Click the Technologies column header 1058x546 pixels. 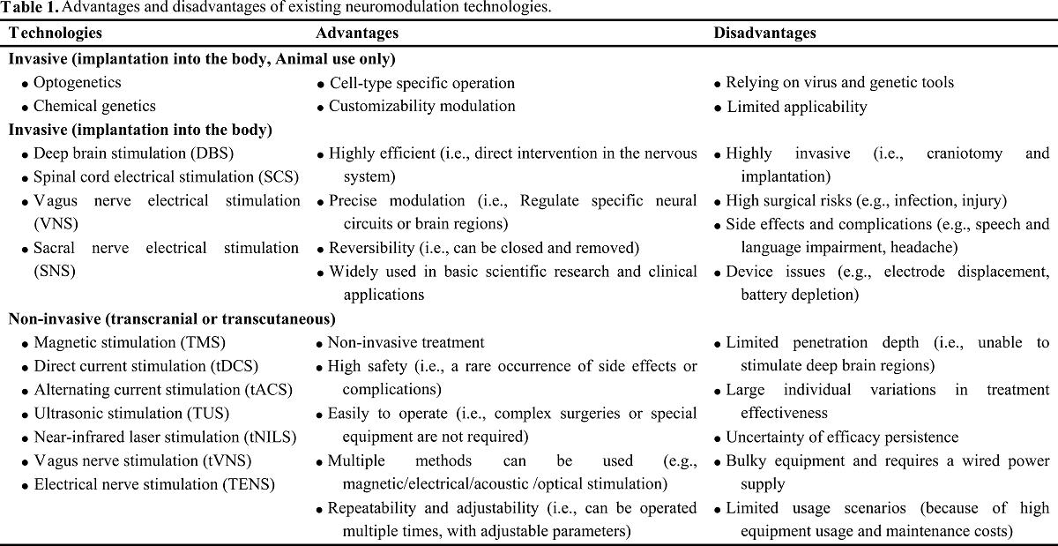56,34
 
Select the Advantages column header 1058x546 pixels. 357,34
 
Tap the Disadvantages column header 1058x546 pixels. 764,34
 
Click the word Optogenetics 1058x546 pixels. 78,83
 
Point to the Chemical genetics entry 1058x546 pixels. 94,107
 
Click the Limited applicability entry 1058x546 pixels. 796,107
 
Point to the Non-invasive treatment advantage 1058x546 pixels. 406,342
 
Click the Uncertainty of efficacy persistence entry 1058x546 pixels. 842,438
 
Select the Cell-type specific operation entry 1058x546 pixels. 421,83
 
